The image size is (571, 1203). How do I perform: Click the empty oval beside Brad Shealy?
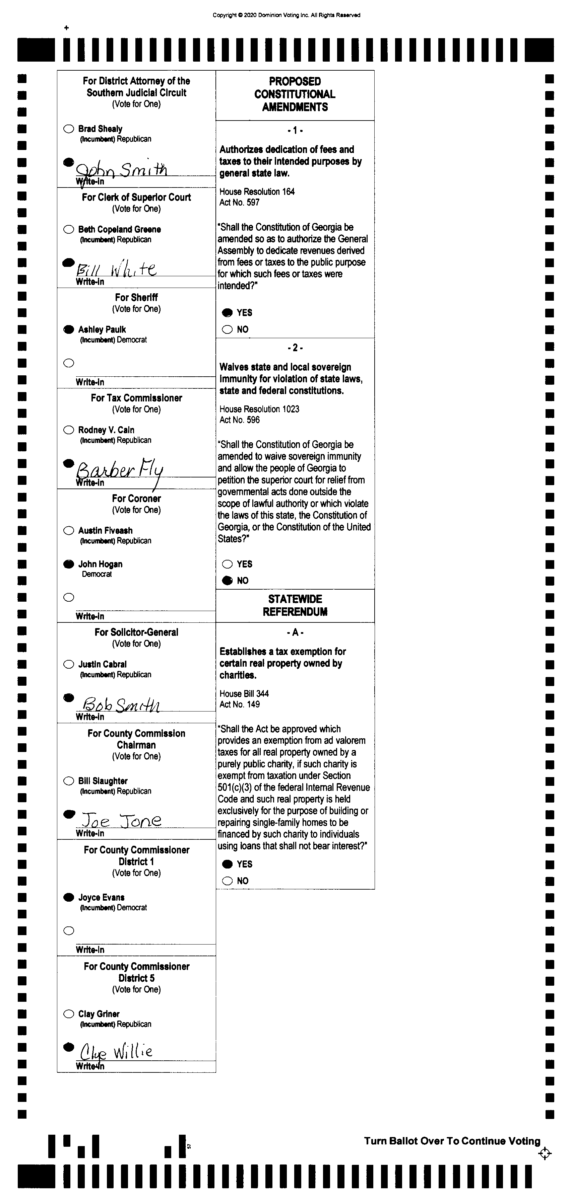[x=69, y=129]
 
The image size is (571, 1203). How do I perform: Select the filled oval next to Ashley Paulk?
[x=69, y=329]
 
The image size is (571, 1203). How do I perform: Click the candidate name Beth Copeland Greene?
[x=120, y=229]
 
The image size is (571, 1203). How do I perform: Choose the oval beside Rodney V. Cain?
[x=69, y=430]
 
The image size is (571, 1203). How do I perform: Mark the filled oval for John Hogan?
[x=69, y=564]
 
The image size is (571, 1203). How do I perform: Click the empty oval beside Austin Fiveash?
[x=69, y=530]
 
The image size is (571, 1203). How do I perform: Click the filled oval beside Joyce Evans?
[x=69, y=897]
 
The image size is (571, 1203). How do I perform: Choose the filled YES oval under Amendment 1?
[x=228, y=312]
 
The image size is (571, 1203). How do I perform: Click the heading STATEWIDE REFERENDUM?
[x=295, y=605]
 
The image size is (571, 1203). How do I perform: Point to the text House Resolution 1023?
[x=259, y=409]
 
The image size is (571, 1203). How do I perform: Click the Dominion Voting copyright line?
[x=287, y=15]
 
